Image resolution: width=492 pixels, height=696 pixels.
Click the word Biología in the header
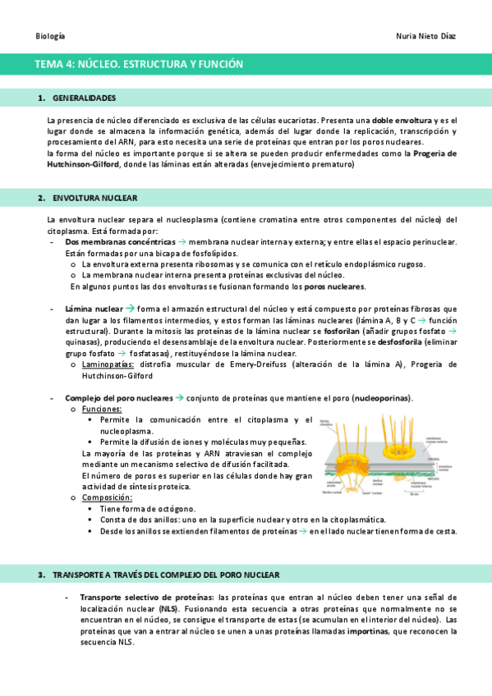click(51, 36)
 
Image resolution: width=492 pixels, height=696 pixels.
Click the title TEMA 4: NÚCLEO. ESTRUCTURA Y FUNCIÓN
click(139, 64)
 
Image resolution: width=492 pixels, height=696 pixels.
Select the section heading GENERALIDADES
click(84, 98)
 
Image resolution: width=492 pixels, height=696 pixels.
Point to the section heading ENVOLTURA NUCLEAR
click(94, 199)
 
